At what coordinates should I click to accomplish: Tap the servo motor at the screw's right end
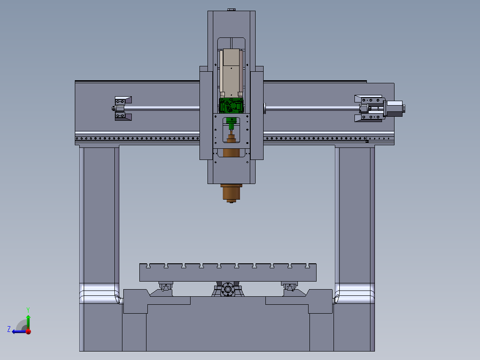tap(394, 108)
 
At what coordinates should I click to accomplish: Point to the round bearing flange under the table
tap(228, 290)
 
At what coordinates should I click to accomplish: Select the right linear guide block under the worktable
tap(289, 286)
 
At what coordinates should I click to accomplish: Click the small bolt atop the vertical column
tap(231, 9)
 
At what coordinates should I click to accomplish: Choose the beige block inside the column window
tap(231, 71)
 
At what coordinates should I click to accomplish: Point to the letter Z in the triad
tap(9, 329)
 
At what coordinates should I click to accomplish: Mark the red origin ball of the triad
tap(28, 331)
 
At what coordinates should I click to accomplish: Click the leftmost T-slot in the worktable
tap(148, 266)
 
